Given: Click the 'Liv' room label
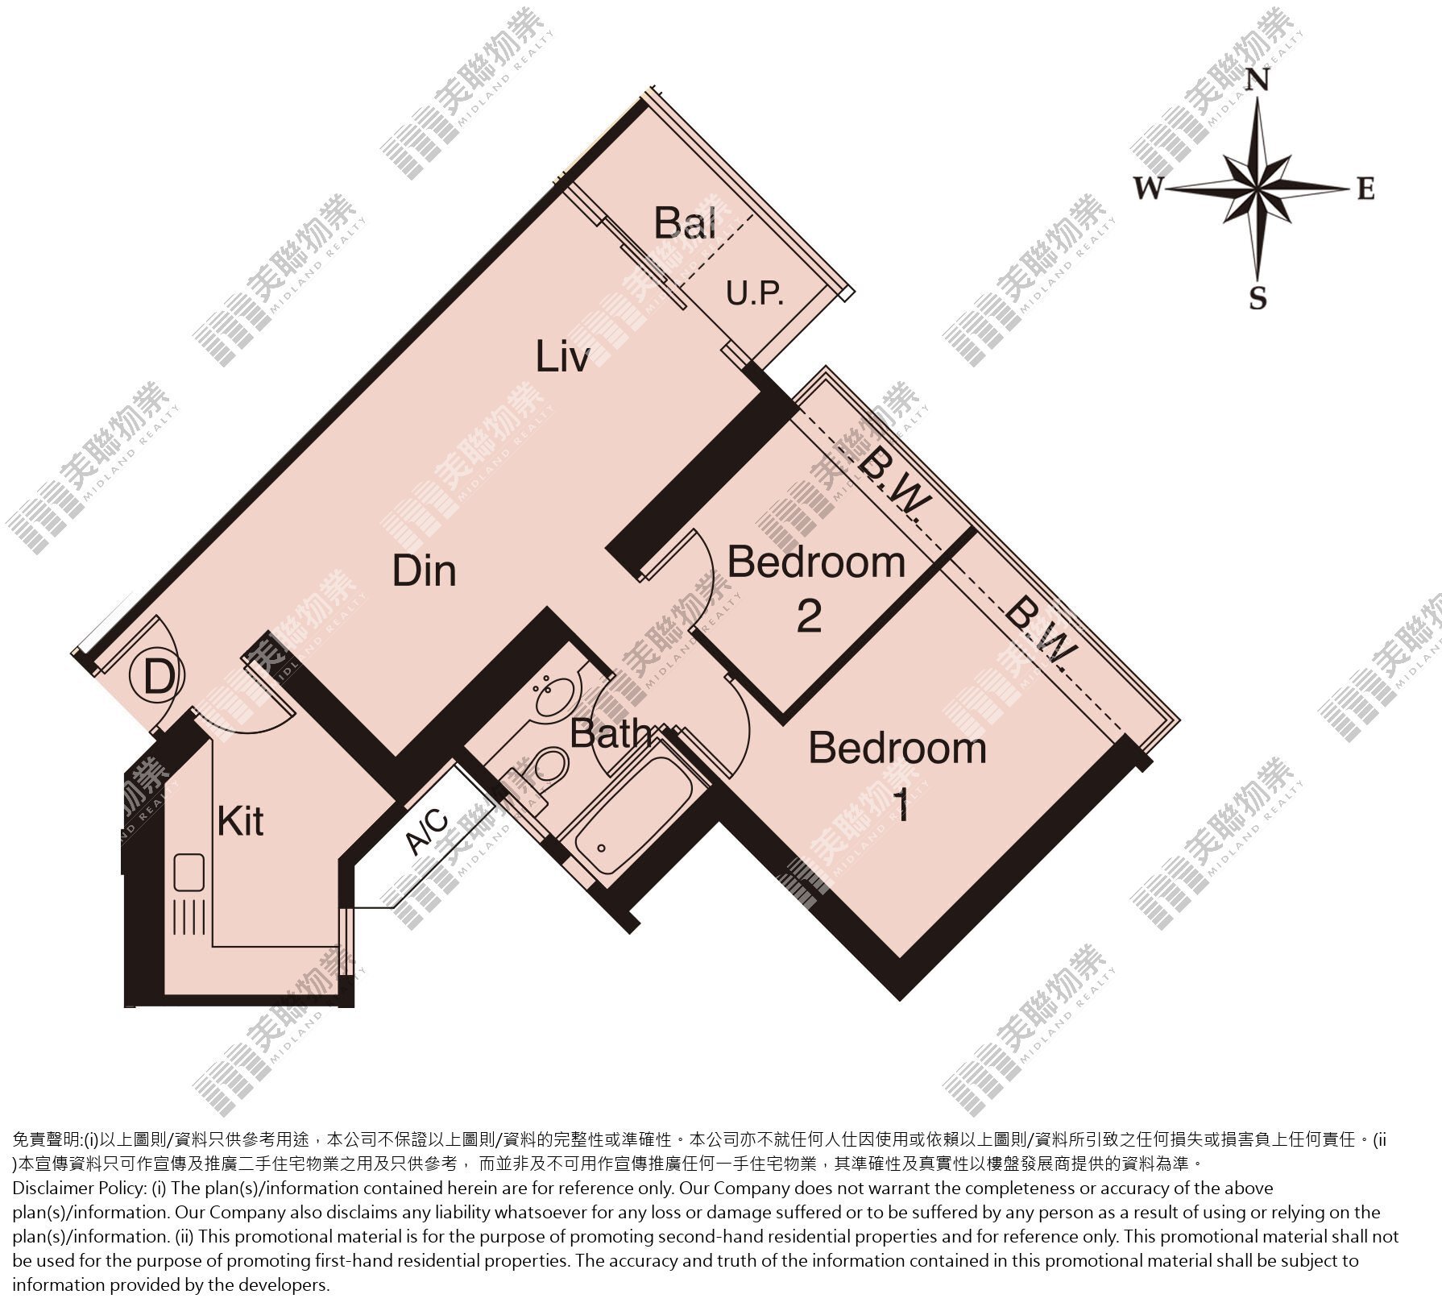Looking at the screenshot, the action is (x=562, y=356).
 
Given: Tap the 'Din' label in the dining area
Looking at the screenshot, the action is (x=425, y=570).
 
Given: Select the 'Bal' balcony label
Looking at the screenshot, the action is (x=685, y=222).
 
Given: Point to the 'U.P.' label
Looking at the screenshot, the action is (x=756, y=294).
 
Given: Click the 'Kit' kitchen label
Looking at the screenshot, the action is (x=241, y=821).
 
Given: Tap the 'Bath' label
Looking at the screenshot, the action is (x=610, y=733).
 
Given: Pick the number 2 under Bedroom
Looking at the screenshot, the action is (x=810, y=616).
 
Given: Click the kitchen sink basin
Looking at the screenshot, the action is (x=189, y=871).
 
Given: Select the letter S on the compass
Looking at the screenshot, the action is (x=1258, y=299).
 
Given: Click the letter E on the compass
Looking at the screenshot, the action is (x=1365, y=189).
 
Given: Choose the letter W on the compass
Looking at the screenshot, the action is (x=1150, y=189).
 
